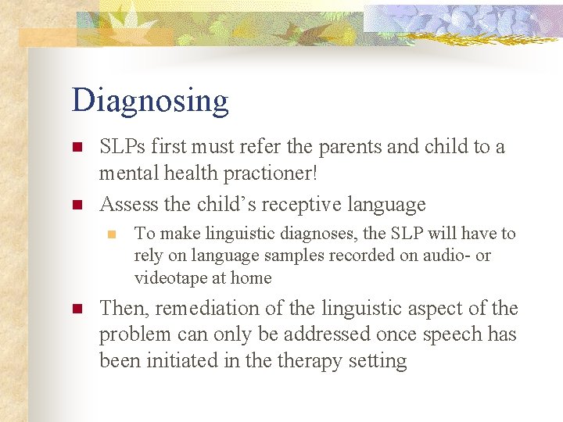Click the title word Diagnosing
pos(150,102)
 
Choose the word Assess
pos(128,205)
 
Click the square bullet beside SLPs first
pos(77,147)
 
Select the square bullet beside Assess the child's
pos(77,206)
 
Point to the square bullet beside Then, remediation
pos(77,309)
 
